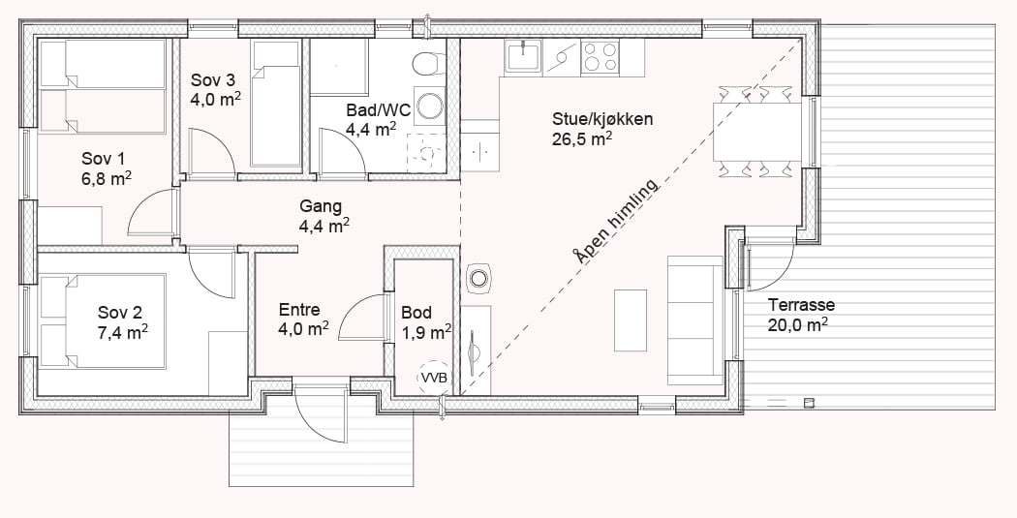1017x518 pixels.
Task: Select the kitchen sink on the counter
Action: point(523,56)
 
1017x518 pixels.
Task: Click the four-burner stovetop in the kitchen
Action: point(600,56)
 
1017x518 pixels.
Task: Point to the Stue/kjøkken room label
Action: point(602,119)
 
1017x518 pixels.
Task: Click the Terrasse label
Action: point(801,305)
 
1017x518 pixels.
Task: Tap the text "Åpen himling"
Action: point(615,220)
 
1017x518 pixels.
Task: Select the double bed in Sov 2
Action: point(103,320)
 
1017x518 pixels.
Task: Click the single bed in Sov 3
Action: point(276,104)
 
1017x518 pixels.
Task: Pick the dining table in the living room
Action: point(757,132)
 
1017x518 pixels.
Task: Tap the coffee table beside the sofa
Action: point(631,320)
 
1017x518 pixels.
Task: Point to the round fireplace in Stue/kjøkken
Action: point(478,279)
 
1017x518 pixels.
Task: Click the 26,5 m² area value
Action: point(582,138)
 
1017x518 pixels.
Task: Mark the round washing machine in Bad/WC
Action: point(429,105)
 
